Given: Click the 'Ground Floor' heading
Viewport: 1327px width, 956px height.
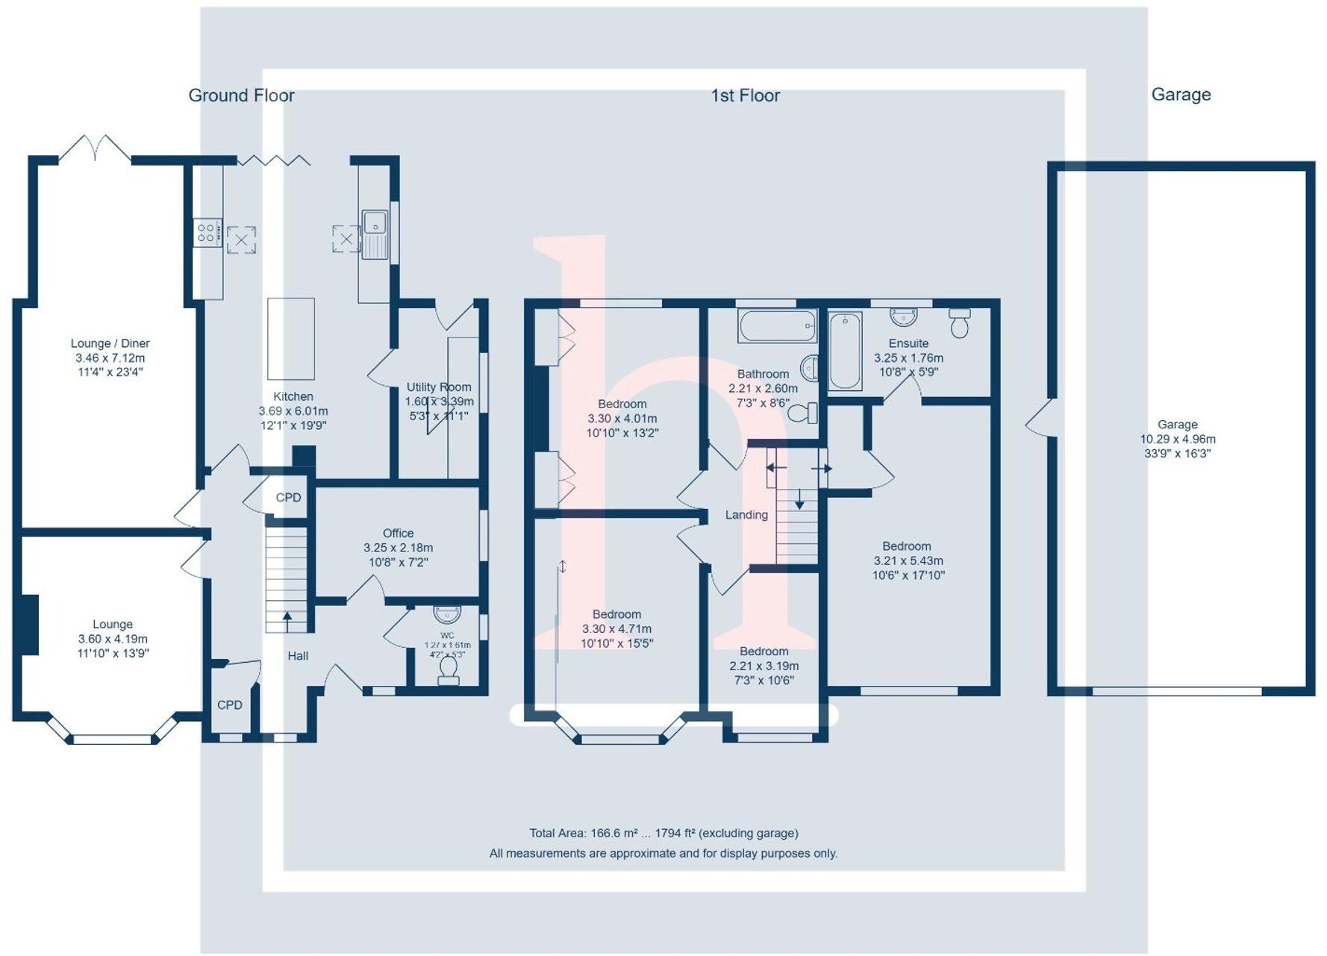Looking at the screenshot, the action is (x=241, y=96).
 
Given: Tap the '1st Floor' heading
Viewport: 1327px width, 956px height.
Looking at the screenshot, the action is (x=745, y=96).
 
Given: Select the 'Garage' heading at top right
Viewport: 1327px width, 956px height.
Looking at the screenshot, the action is (x=1181, y=95).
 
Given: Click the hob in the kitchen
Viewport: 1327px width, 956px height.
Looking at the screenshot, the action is (x=207, y=233).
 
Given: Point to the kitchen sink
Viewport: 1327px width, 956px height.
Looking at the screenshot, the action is (x=375, y=234).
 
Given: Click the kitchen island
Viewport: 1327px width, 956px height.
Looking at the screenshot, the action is (x=291, y=339).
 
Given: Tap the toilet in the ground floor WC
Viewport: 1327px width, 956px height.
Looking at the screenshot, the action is (x=449, y=670).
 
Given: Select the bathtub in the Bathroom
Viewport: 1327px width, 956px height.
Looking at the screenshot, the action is (x=776, y=326).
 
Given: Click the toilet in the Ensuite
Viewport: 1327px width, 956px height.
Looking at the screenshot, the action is (x=959, y=322).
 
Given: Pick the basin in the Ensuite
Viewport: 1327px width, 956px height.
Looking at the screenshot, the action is (x=904, y=317).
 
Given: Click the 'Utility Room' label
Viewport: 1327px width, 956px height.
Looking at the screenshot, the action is (x=439, y=387).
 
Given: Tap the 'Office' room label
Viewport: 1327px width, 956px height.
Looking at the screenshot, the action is (x=398, y=533).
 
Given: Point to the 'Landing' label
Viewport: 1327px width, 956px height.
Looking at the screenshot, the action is (x=746, y=515).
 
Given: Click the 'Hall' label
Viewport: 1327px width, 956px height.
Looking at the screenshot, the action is (x=298, y=656).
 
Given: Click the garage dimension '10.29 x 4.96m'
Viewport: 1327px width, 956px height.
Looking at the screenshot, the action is (x=1178, y=440).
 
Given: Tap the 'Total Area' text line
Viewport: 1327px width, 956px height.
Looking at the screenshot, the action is (x=663, y=834).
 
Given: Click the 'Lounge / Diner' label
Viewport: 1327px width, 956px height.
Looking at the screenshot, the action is (x=110, y=343).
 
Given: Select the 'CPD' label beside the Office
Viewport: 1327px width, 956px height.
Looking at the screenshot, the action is (x=288, y=498).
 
